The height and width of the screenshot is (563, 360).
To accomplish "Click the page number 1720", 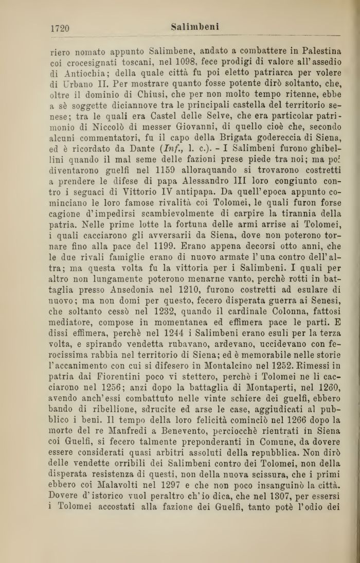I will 60,28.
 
